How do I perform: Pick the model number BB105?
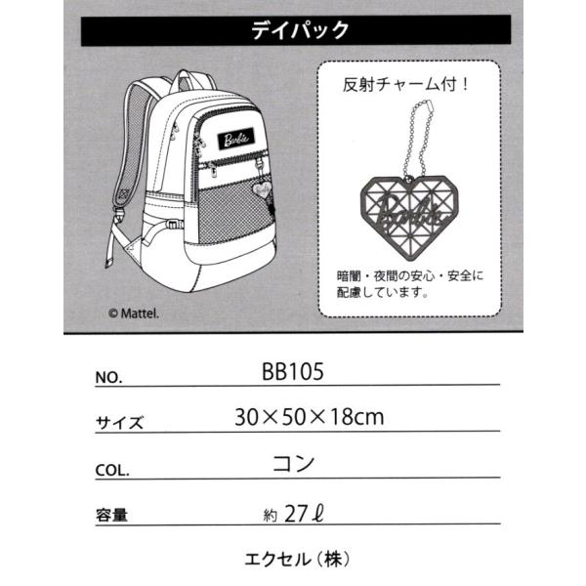pos(293,372)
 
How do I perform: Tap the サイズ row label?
pos(119,424)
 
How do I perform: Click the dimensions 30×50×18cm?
pos(309,417)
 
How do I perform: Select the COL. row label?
pos(113,469)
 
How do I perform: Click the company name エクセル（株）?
pos(295,561)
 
